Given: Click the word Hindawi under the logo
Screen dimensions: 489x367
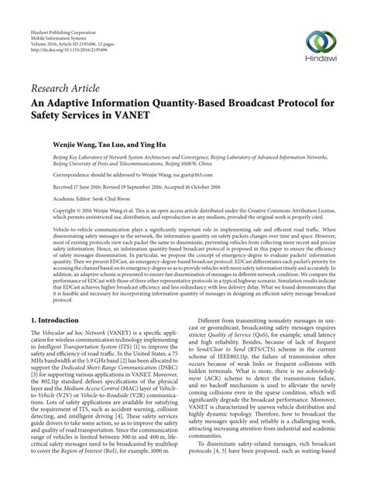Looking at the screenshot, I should click(x=321, y=61).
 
